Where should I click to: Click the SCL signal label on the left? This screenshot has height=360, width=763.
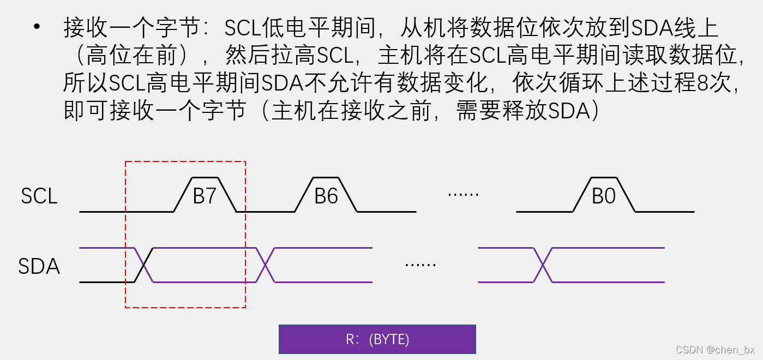(39, 196)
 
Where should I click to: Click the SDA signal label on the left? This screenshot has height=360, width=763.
(39, 267)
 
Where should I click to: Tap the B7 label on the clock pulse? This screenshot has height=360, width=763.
(205, 196)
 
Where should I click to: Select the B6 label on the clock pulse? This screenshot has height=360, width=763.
(326, 196)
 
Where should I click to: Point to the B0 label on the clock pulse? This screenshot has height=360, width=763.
(604, 196)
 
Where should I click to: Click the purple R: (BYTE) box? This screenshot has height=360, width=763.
(377, 339)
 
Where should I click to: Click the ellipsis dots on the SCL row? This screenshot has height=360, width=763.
(462, 194)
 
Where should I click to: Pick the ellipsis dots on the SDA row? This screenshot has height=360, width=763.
(420, 265)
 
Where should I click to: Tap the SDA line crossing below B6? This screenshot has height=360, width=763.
(265, 265)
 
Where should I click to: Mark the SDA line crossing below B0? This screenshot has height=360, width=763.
(543, 265)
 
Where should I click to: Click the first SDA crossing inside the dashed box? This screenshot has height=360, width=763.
(144, 265)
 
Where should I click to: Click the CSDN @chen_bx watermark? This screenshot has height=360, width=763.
(715, 350)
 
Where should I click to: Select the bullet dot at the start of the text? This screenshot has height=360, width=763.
(37, 27)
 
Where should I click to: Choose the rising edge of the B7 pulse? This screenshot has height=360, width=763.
(183, 195)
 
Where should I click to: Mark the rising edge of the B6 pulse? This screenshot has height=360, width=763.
(304, 195)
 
